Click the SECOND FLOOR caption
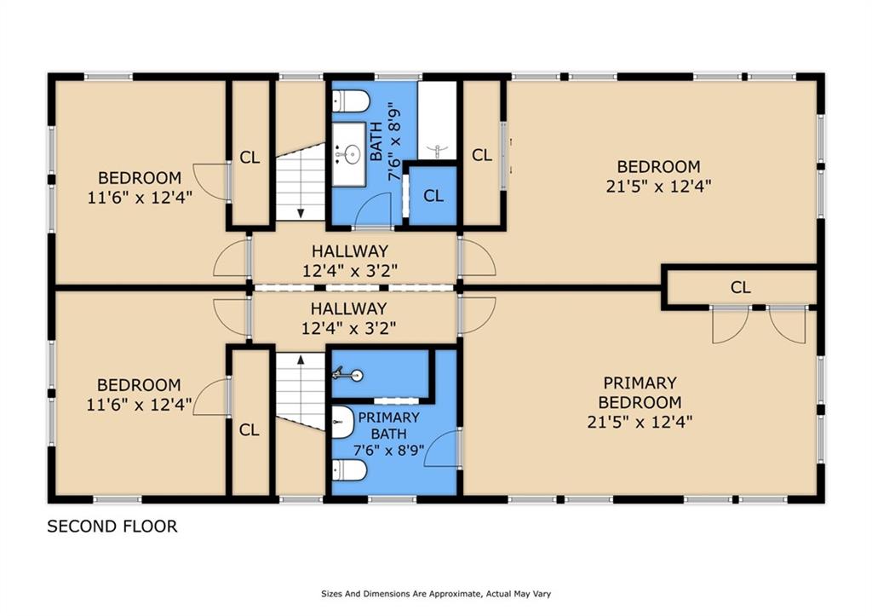tap(112, 527)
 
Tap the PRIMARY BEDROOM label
tap(640, 392)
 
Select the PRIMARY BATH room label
tap(388, 426)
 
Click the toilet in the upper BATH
tap(351, 101)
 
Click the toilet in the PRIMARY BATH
tap(349, 471)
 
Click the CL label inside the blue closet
tap(433, 196)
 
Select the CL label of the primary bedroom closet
tap(740, 288)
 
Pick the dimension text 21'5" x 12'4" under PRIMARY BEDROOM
tap(640, 422)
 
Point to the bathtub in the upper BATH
tap(438, 120)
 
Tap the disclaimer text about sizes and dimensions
tap(436, 594)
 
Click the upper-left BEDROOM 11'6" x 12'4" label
tap(140, 187)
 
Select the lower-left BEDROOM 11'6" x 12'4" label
tap(139, 394)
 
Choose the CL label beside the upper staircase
tap(250, 158)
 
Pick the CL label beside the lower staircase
tap(250, 430)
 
